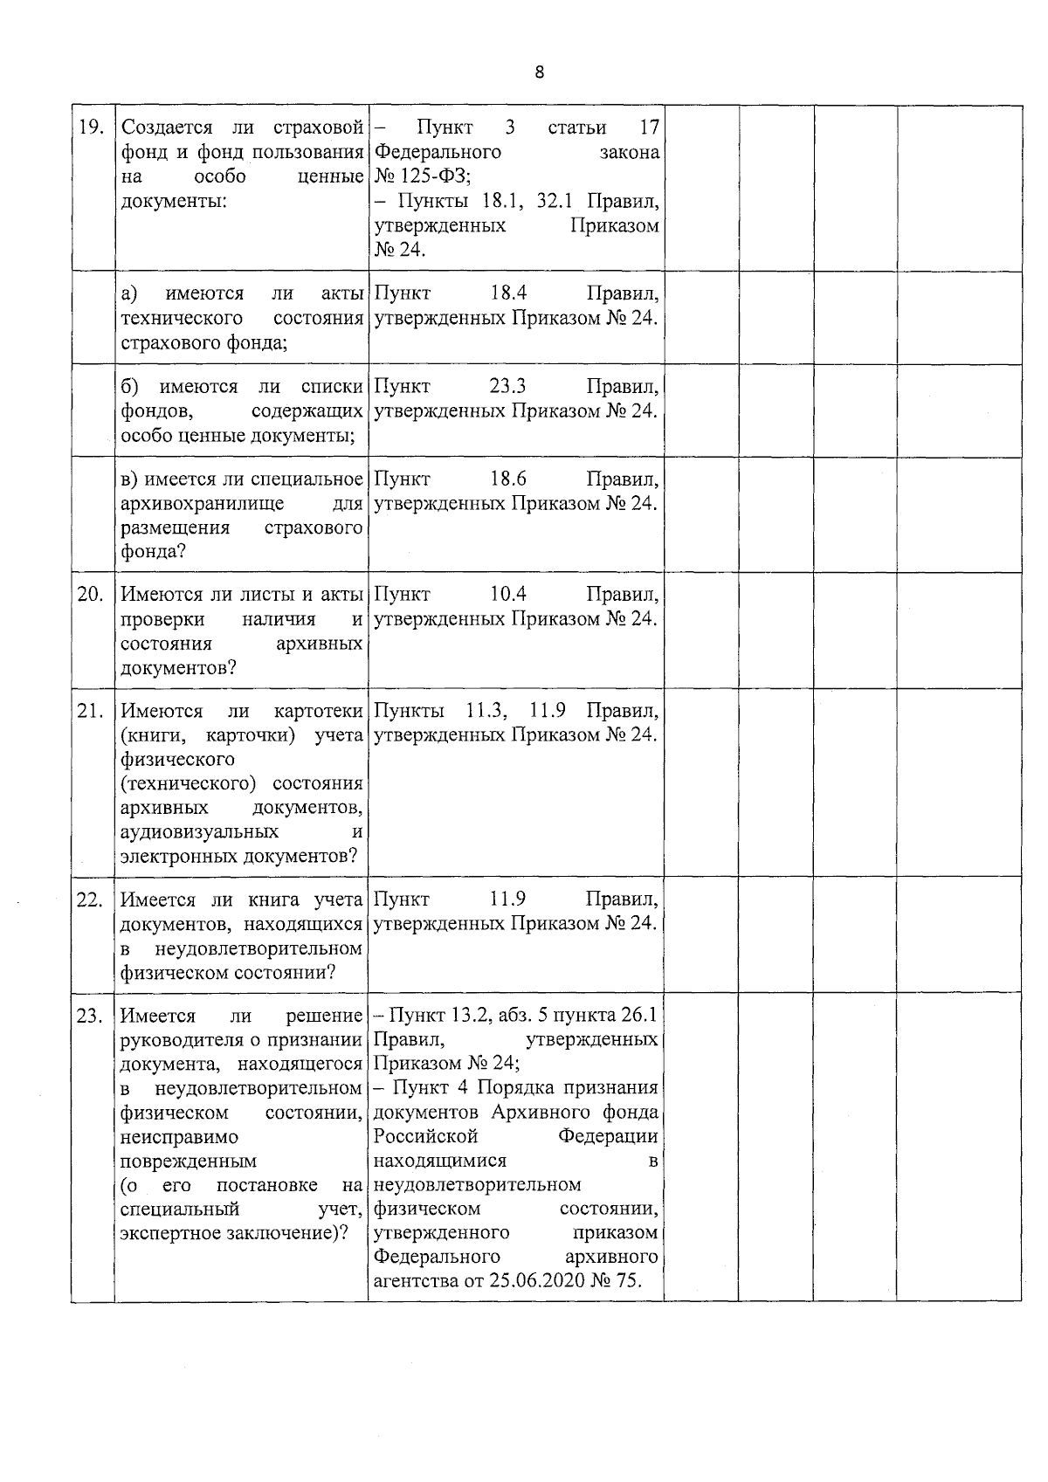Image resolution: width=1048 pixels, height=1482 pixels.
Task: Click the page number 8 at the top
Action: click(539, 72)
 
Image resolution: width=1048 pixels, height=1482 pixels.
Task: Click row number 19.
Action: click(91, 128)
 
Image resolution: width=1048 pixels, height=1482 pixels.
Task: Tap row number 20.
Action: click(91, 595)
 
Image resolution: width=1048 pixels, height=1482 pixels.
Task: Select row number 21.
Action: click(91, 711)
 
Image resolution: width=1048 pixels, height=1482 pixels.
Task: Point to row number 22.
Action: click(91, 900)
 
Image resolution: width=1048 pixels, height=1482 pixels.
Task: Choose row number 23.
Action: click(91, 1017)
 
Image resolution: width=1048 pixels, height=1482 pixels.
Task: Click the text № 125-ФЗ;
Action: click(423, 177)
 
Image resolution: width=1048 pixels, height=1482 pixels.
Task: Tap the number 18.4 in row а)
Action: click(508, 293)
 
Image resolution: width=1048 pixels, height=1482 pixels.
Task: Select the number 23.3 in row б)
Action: click(508, 386)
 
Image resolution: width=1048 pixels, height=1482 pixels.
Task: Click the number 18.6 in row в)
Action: click(508, 479)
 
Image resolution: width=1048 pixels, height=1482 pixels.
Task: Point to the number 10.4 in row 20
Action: click(508, 595)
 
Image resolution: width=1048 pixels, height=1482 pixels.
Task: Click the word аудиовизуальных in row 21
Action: click(200, 831)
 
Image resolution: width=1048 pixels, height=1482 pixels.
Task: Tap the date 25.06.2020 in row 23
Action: click(522, 1281)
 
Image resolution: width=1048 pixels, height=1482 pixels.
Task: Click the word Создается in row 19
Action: click(161, 128)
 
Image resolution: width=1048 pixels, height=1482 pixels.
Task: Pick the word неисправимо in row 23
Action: click(178, 1137)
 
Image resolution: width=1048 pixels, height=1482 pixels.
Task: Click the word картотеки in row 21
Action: click(318, 711)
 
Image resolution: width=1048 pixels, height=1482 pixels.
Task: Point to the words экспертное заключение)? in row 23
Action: click(233, 1233)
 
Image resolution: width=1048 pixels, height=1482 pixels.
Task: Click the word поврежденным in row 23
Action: click(189, 1161)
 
